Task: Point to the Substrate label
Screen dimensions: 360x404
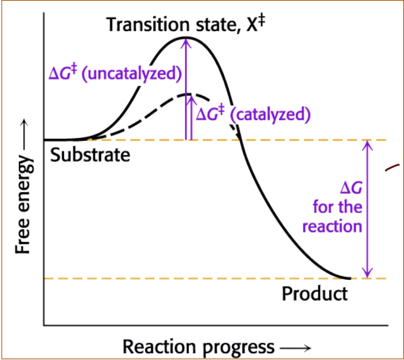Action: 90,155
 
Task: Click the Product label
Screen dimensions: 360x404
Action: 315,294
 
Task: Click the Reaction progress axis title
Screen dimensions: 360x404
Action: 198,347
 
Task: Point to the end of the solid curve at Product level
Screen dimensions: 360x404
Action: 349,278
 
